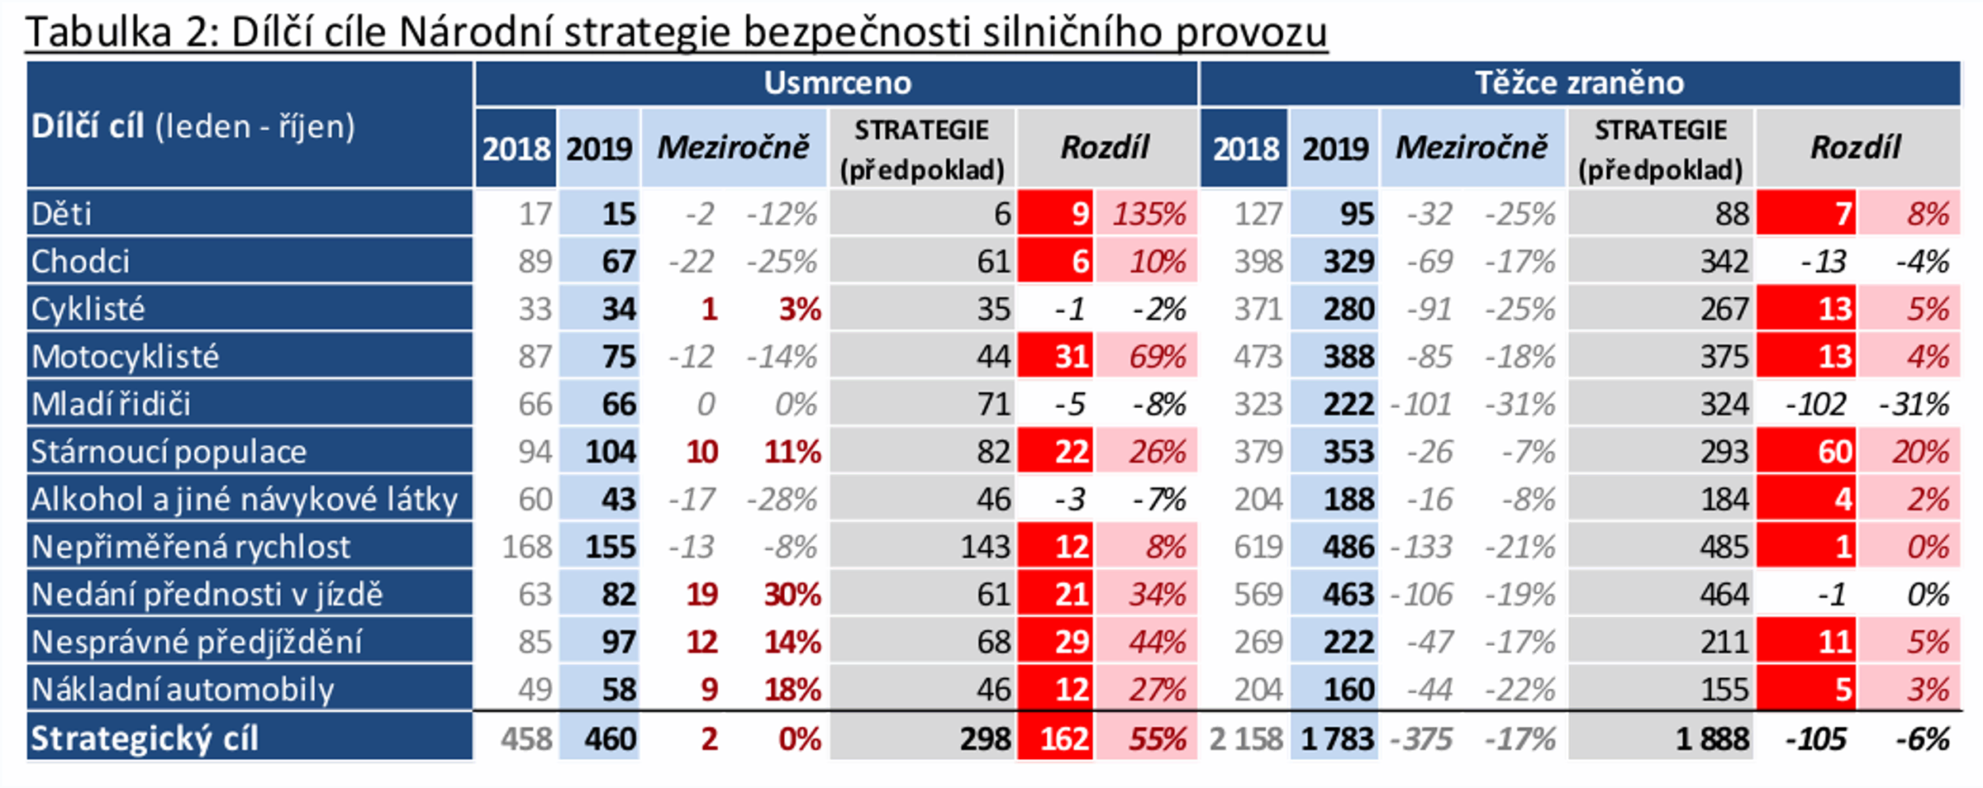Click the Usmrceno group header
(x=836, y=83)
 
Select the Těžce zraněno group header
(x=1578, y=83)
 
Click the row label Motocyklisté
(x=126, y=357)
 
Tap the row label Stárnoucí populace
(x=169, y=452)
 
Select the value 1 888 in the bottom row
(x=1711, y=738)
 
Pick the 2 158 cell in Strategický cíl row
(x=1245, y=738)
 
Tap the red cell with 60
(x=1833, y=452)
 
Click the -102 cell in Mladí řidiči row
(x=1814, y=405)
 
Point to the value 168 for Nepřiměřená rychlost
(x=526, y=547)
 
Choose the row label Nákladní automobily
(x=183, y=690)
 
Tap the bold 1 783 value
(x=1337, y=738)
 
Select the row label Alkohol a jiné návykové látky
(x=245, y=500)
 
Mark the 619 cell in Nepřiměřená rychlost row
(x=1258, y=547)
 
